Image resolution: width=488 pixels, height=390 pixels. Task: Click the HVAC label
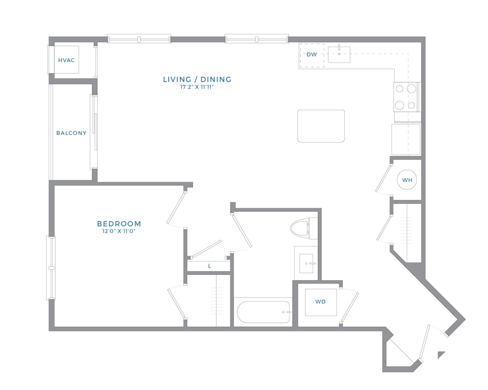point(66,60)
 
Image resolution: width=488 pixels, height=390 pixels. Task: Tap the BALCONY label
point(72,133)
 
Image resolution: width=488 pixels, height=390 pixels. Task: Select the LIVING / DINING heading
point(197,80)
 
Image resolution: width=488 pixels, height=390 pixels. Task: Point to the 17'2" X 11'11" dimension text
point(197,87)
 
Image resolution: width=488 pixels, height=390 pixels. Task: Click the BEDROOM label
point(119,224)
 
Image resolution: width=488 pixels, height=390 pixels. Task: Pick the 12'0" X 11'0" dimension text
point(119,232)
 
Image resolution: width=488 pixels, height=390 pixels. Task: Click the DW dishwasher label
point(311,55)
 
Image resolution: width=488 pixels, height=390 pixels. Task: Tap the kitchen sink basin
point(339,55)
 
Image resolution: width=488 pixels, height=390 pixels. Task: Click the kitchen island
point(321,126)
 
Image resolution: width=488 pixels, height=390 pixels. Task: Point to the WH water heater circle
point(407,180)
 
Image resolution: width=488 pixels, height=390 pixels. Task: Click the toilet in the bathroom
point(303,228)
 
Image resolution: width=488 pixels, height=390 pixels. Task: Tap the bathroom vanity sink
point(306,264)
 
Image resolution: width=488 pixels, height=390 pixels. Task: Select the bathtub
point(263,312)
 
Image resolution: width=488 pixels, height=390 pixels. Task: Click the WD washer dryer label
point(321,302)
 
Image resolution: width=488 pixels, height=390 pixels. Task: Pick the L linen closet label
point(210,266)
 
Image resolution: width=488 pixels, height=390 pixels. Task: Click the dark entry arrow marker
point(441,354)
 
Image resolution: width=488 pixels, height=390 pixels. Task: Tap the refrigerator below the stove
point(406,139)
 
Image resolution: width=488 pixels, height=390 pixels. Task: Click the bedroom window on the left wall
point(51,268)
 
